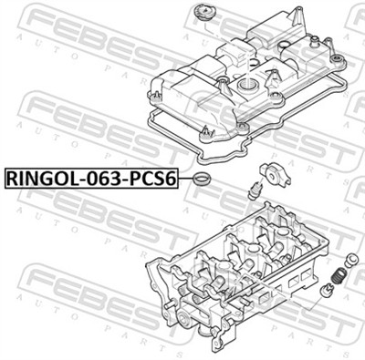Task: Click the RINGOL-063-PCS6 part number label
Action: tap(91, 178)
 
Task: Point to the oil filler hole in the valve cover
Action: tap(246, 84)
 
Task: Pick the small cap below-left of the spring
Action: tap(328, 291)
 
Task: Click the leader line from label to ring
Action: tap(186, 179)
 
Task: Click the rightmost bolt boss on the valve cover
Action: tap(338, 62)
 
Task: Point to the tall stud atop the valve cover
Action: tap(312, 40)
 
